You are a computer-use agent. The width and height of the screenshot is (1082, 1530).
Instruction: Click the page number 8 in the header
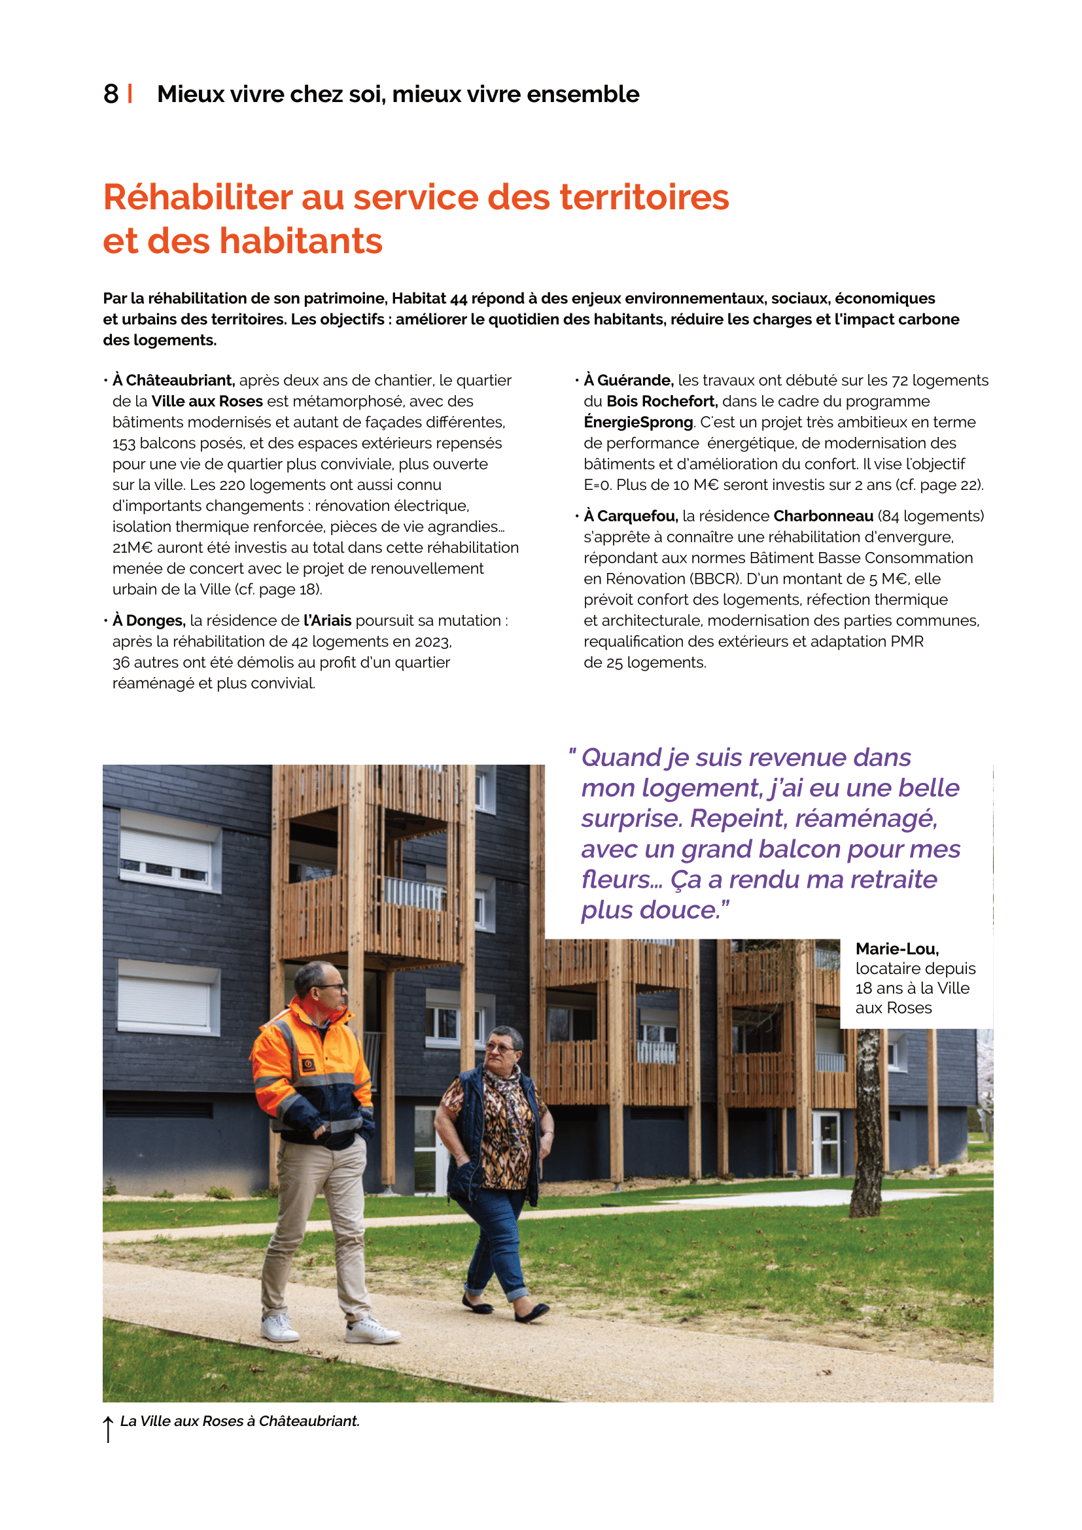click(x=111, y=94)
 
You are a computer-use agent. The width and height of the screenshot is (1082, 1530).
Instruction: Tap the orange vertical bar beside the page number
click(x=130, y=94)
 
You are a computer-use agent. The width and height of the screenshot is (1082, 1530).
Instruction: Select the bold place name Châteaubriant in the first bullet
click(x=180, y=381)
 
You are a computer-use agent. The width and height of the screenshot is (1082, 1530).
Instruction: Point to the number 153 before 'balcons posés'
click(x=123, y=443)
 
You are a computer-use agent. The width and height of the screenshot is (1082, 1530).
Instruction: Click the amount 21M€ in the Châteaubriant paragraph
click(x=132, y=548)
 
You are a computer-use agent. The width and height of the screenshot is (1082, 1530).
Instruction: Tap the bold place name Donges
click(x=155, y=621)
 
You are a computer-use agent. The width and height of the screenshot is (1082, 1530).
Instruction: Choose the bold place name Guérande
click(x=635, y=381)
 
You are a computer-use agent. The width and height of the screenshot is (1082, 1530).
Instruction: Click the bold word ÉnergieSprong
click(x=638, y=423)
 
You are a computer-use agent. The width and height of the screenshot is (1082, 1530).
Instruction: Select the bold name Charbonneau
click(x=823, y=517)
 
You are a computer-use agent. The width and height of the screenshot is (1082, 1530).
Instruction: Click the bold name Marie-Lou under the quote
click(x=897, y=949)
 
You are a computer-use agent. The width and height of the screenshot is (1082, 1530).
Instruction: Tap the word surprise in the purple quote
click(x=631, y=818)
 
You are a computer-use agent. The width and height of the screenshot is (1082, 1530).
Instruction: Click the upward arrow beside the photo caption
click(x=108, y=1429)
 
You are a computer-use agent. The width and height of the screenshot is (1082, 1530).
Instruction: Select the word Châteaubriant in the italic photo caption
click(x=309, y=1421)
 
